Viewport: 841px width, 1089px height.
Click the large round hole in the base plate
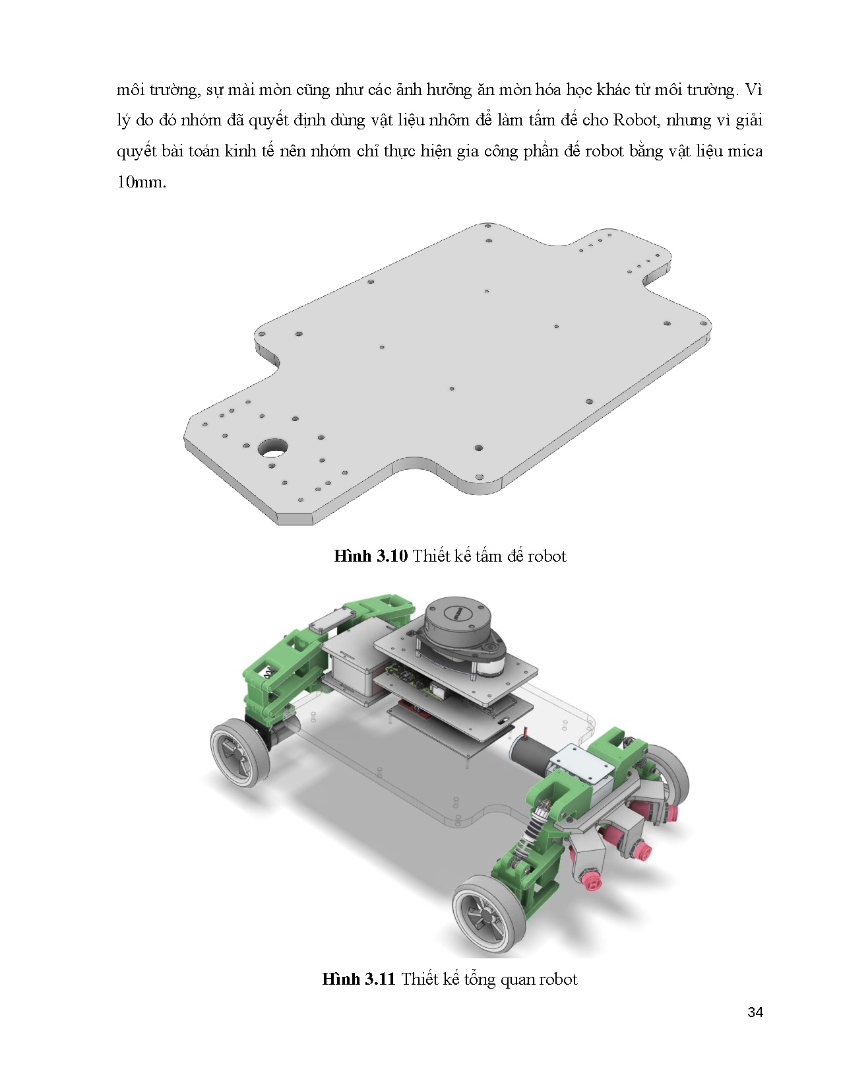(272, 447)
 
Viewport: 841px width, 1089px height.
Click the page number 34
(755, 1012)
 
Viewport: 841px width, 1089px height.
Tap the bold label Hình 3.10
(371, 556)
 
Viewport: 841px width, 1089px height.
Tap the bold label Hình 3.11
(358, 979)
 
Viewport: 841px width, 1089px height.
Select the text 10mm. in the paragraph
(141, 182)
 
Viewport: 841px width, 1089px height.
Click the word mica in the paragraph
(745, 151)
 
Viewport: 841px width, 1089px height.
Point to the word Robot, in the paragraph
(639, 120)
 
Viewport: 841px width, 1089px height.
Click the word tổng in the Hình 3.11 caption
(479, 979)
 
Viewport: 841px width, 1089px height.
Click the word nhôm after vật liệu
(449, 120)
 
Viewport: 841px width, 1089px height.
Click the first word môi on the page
(130, 90)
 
